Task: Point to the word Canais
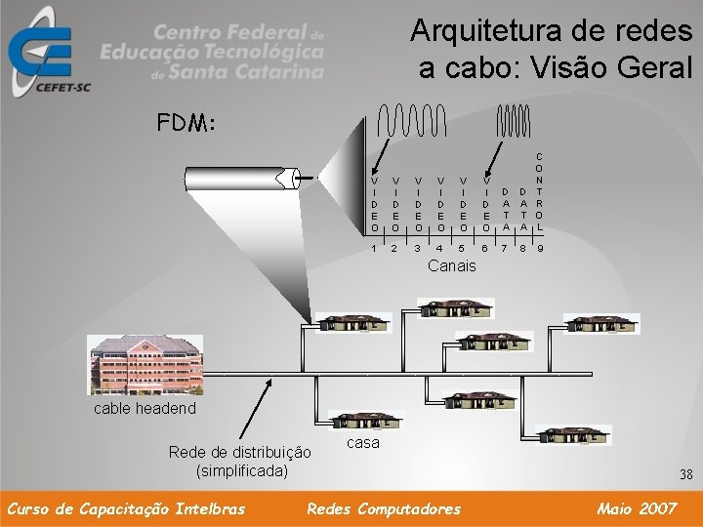[452, 265]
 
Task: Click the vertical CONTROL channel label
[541, 191]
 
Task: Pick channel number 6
[485, 248]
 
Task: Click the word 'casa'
[363, 442]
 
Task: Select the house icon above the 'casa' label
[363, 416]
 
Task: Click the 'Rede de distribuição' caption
[240, 452]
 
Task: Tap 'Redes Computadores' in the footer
[384, 508]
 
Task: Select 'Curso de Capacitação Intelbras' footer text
[125, 508]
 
